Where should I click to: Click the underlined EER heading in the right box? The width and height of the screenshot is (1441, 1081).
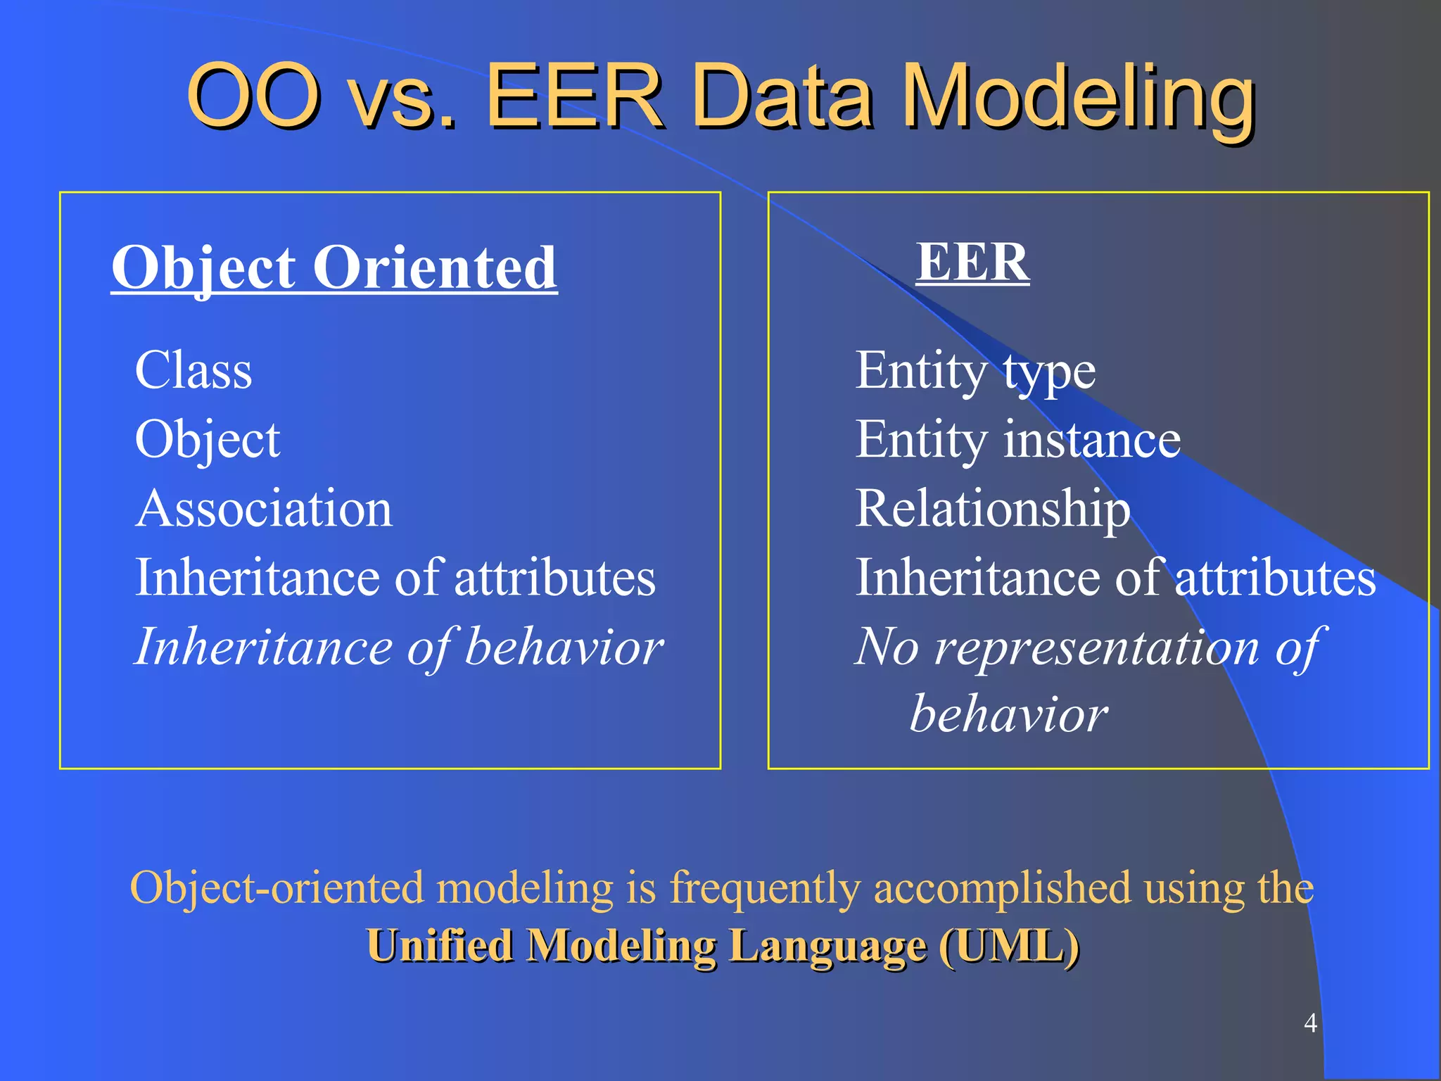pyautogui.click(x=972, y=262)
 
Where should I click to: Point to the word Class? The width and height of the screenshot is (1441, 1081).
pyautogui.click(x=193, y=371)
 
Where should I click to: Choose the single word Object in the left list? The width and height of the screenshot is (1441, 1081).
pyautogui.click(x=208, y=440)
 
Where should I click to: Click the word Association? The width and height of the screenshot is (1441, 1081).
pyautogui.click(x=264, y=509)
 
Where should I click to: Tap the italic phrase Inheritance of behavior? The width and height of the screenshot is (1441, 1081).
pyautogui.click(x=399, y=647)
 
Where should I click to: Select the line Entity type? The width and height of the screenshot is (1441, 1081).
pyautogui.click(x=975, y=371)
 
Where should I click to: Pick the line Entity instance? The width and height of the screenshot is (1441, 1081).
pyautogui.click(x=1017, y=440)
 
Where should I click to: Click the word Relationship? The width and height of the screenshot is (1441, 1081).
pyautogui.click(x=992, y=509)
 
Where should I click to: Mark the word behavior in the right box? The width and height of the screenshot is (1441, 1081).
pyautogui.click(x=1009, y=715)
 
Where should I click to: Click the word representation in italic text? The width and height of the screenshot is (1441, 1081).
pyautogui.click(x=1096, y=647)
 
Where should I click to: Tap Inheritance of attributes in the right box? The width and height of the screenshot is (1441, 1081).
pyautogui.click(x=1115, y=578)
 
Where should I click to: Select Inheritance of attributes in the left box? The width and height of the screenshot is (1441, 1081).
pyautogui.click(x=395, y=578)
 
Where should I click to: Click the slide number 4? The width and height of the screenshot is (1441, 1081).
pyautogui.click(x=1310, y=1023)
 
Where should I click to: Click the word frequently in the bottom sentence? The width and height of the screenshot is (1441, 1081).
pyautogui.click(x=765, y=888)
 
